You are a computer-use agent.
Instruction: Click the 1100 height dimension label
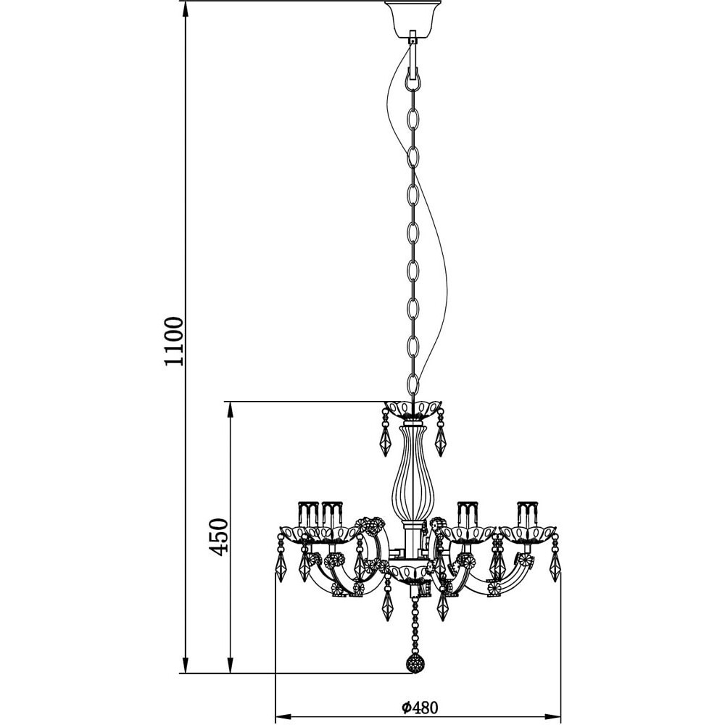point(174,341)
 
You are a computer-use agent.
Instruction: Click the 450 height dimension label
point(218,536)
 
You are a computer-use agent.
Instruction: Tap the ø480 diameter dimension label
point(419,707)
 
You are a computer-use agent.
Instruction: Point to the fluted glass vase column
point(407,473)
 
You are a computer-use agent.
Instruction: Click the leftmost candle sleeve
point(308,514)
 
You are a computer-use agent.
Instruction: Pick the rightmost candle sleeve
point(528,514)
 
